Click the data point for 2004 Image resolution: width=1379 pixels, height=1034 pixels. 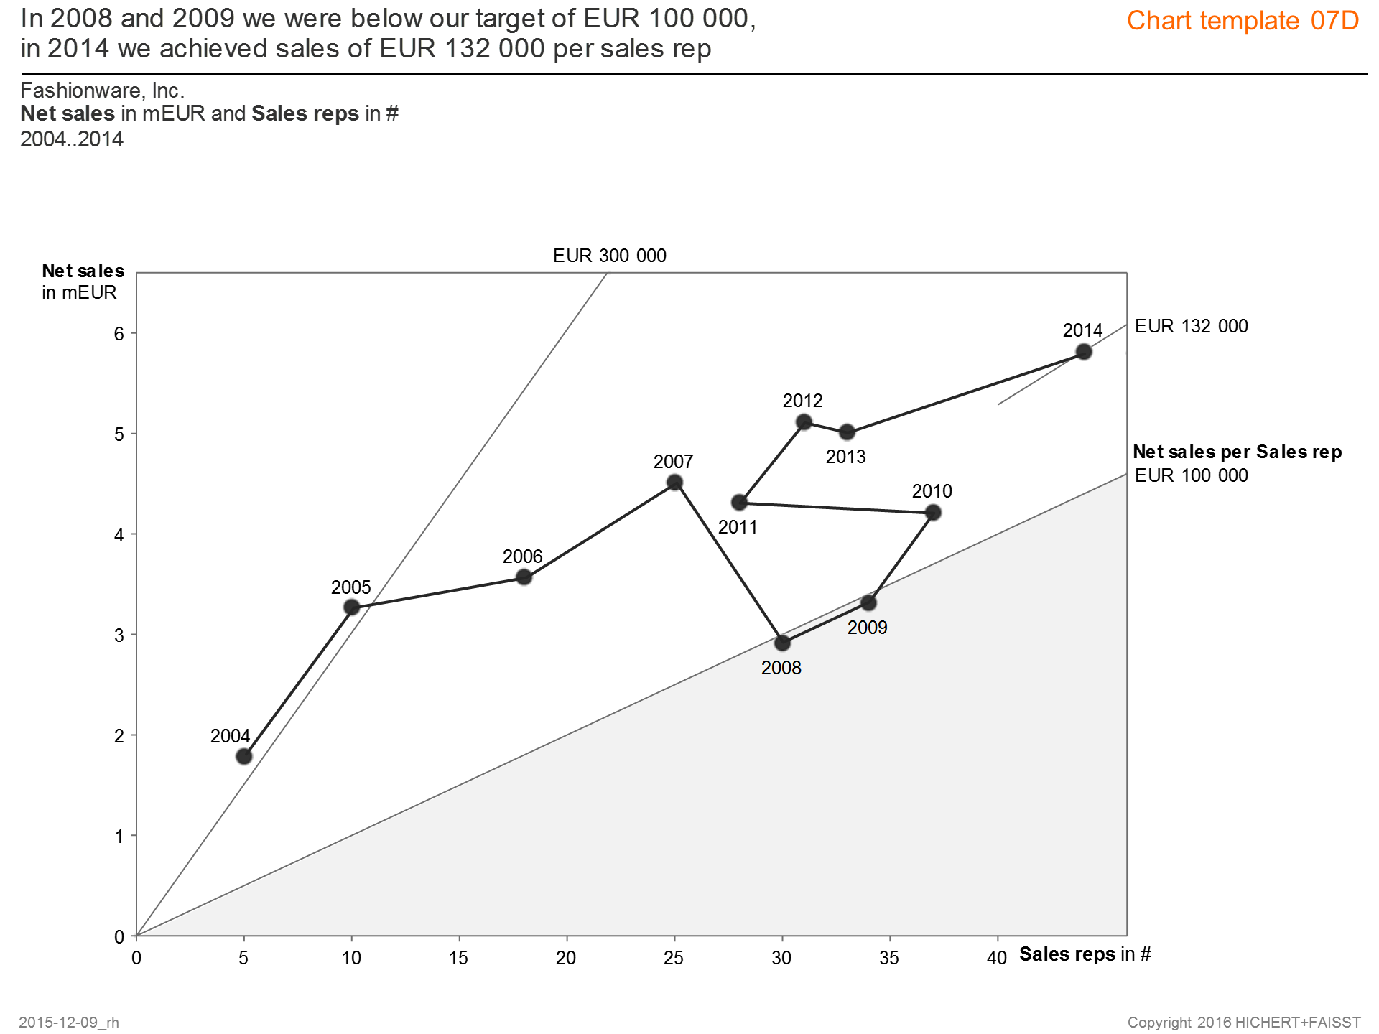(x=244, y=756)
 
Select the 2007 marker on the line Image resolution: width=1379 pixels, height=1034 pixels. (x=674, y=483)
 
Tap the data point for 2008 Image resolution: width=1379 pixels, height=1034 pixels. (x=783, y=643)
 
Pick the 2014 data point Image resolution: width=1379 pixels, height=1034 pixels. (x=1084, y=352)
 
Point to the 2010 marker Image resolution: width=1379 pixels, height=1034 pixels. (x=933, y=513)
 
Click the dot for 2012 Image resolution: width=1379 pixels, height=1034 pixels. (x=804, y=422)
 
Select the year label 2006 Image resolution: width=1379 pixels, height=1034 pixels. (x=522, y=556)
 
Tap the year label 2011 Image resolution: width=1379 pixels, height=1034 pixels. (x=738, y=527)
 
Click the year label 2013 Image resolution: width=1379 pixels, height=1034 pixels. (x=845, y=457)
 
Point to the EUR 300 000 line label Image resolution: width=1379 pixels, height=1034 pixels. (x=609, y=256)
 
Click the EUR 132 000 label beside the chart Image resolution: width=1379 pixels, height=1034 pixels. (x=1191, y=326)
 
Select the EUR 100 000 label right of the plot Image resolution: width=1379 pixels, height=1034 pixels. (x=1191, y=475)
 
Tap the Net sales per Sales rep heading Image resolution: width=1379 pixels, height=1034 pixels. (x=1237, y=452)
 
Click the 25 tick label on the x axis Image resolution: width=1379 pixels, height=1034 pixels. (x=674, y=958)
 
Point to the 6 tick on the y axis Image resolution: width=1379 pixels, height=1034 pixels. (x=119, y=333)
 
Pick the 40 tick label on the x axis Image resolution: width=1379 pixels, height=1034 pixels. (x=996, y=958)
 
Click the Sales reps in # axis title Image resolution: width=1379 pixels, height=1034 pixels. (x=1085, y=954)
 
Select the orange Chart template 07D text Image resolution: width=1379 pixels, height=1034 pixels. (x=1243, y=21)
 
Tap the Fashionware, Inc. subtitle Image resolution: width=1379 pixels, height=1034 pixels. (x=103, y=90)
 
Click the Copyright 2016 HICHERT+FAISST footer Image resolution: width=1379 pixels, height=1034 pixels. (x=1243, y=1022)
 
